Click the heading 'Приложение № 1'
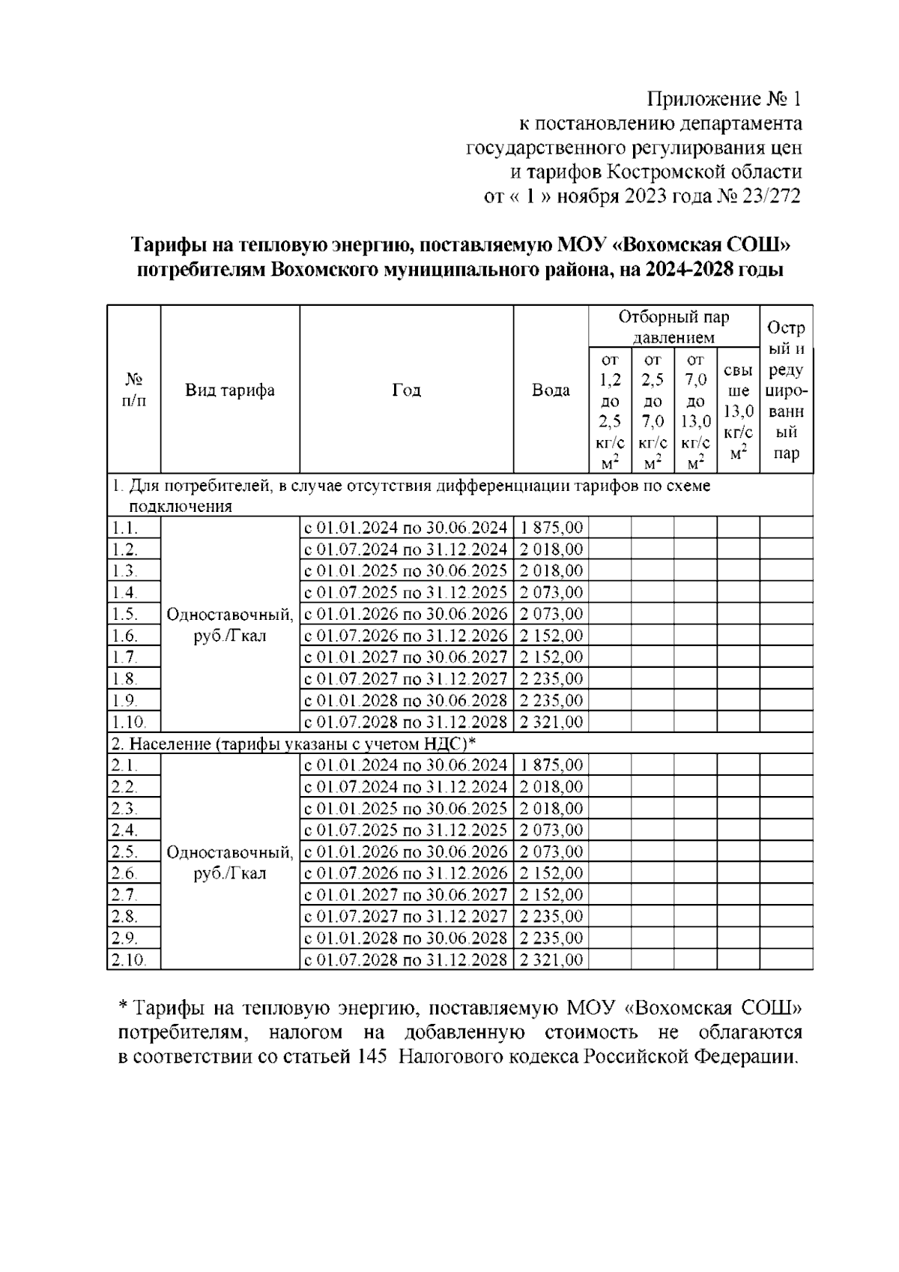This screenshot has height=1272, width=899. point(724,99)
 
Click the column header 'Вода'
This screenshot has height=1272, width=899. point(551,390)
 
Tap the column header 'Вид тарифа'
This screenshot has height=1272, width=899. point(230,390)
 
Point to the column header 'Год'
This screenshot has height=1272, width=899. point(406,390)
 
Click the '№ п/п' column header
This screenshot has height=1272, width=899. point(133,390)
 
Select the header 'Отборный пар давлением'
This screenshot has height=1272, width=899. point(674,327)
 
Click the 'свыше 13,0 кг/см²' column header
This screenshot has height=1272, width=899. point(739,412)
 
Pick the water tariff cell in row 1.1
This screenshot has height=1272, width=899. point(551,528)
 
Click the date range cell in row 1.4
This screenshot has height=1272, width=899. point(405,593)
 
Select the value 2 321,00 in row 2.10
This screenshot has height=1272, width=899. point(551,960)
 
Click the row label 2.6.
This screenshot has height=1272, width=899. point(124,873)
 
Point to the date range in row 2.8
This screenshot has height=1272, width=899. point(405,917)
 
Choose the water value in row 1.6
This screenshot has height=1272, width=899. point(551,636)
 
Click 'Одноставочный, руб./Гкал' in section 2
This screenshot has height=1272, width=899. point(230,863)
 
